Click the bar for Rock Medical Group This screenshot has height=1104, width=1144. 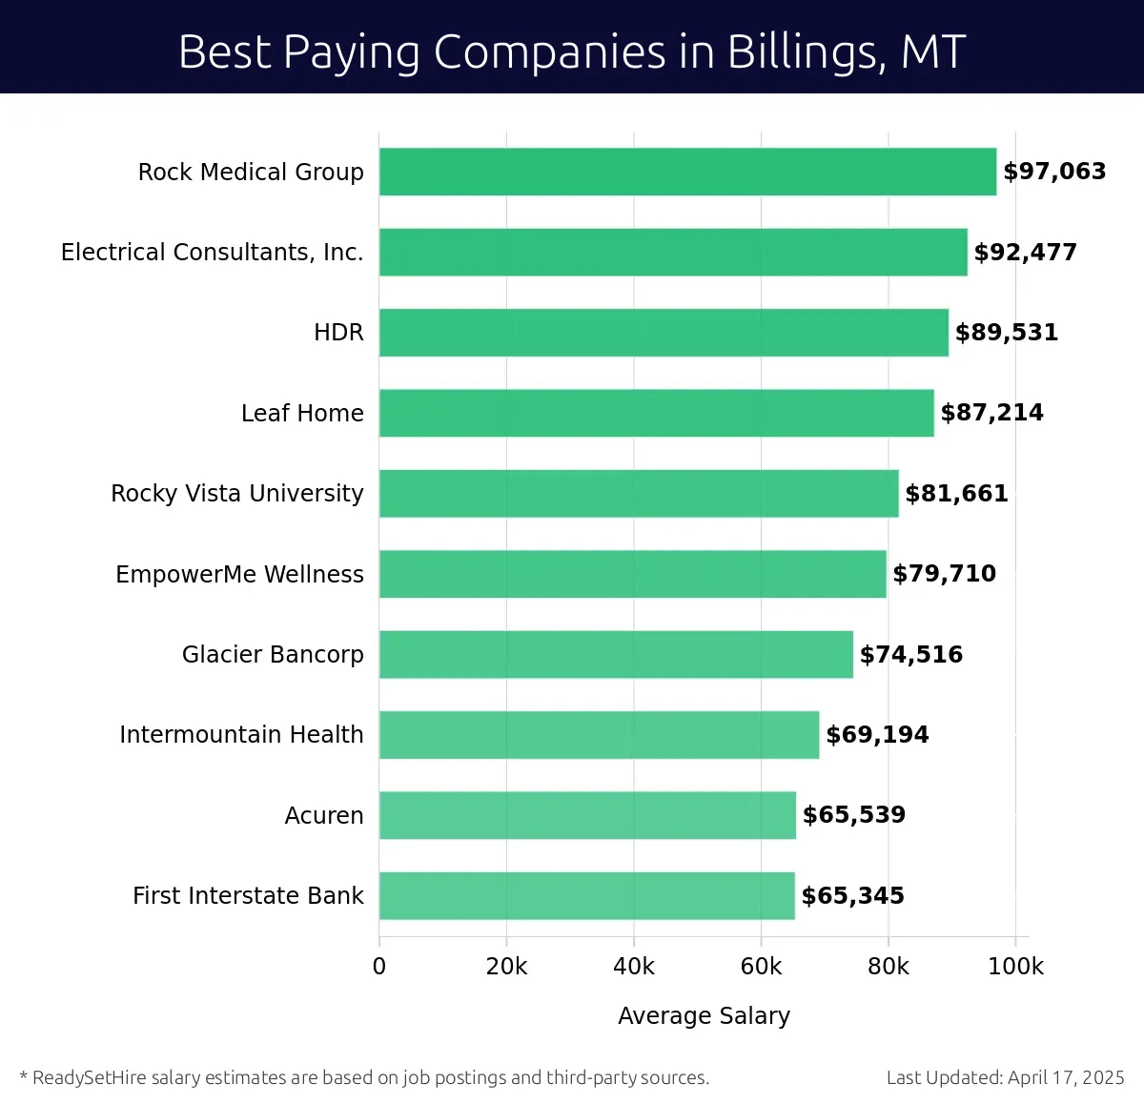click(x=687, y=172)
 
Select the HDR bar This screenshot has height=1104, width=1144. click(x=664, y=333)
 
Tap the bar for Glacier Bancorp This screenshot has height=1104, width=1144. click(x=616, y=654)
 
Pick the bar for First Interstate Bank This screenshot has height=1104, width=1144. click(x=586, y=895)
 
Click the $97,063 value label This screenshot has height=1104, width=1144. click(x=1054, y=172)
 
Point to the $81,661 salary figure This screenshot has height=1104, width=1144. click(x=956, y=494)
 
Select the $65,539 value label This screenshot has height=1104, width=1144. click(x=854, y=815)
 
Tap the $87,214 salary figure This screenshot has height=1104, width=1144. click(x=991, y=413)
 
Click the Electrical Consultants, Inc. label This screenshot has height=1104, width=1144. click(x=212, y=253)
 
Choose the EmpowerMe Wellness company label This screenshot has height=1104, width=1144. click(x=239, y=574)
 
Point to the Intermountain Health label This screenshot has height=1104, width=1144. click(x=241, y=735)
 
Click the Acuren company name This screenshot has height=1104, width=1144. click(x=324, y=816)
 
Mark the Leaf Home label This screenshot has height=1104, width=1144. click(x=302, y=414)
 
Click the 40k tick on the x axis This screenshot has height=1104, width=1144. click(x=634, y=967)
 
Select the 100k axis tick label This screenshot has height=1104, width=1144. click(x=1015, y=967)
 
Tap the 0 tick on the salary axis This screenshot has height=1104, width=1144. click(x=379, y=967)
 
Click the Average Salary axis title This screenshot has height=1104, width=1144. click(x=704, y=1016)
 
